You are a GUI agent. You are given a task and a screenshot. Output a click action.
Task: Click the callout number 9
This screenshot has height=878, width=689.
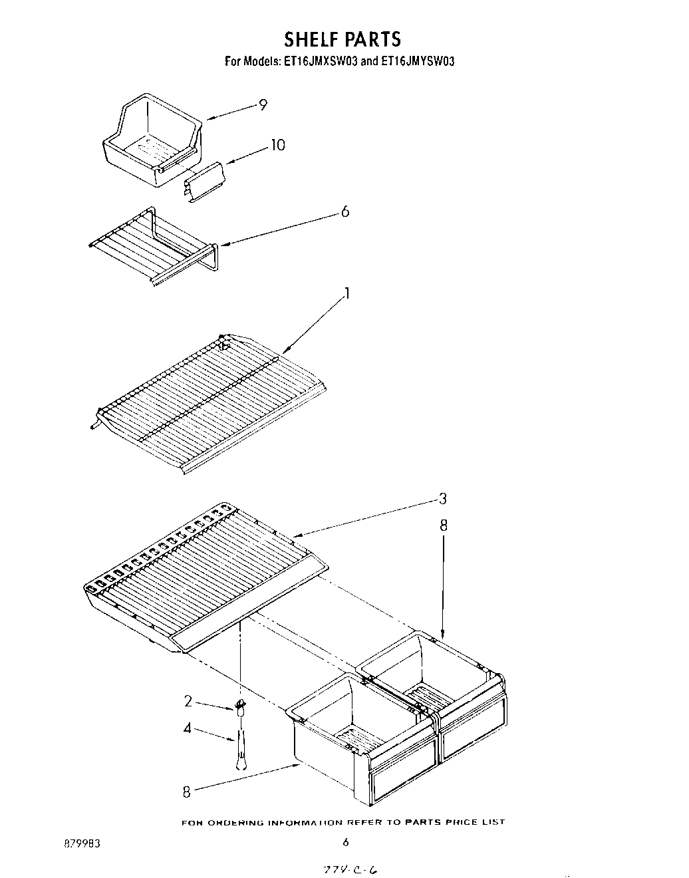coord(263,104)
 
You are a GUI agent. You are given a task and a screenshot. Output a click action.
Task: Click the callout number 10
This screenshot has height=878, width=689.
coord(277,144)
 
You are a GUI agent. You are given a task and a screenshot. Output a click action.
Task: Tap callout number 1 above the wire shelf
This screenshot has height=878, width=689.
coord(346,294)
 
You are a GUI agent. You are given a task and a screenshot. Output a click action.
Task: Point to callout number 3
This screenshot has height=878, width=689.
coord(442,499)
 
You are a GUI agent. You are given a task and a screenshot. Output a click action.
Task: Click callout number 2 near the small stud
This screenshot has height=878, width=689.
coord(188,700)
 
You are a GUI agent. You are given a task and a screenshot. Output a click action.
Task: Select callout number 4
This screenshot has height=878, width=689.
coord(188,728)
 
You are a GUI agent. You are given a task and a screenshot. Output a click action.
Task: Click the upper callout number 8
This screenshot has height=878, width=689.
coord(444,526)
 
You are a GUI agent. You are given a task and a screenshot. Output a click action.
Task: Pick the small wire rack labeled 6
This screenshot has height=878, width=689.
coord(153,246)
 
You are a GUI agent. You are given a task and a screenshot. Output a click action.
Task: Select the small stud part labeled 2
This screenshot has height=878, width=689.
coord(240,706)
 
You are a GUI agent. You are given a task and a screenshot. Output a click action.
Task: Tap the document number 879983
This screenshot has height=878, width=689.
coord(82,843)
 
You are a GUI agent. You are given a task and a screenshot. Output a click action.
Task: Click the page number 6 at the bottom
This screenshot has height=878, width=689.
coord(345,842)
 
